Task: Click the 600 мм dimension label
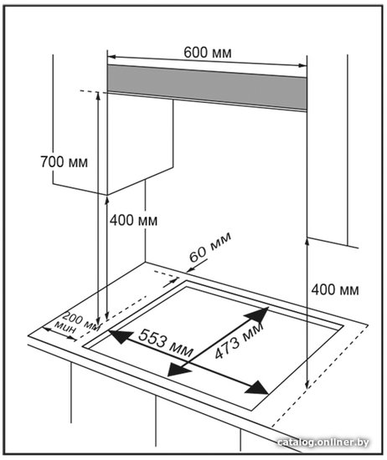[208, 53]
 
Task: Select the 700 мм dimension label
[64, 161]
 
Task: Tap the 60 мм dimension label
[209, 247]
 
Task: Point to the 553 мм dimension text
[166, 343]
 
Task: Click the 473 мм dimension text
[238, 341]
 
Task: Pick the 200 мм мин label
[79, 324]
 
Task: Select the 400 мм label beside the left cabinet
[134, 220]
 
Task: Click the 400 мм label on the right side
[335, 289]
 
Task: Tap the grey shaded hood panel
[207, 87]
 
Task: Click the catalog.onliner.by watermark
[323, 442]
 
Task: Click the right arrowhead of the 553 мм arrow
[257, 388]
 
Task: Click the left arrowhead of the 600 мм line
[112, 56]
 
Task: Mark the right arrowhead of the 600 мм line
[302, 65]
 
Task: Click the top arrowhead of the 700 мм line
[98, 96]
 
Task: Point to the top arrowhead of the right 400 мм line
[307, 243]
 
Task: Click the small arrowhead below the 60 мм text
[190, 269]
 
